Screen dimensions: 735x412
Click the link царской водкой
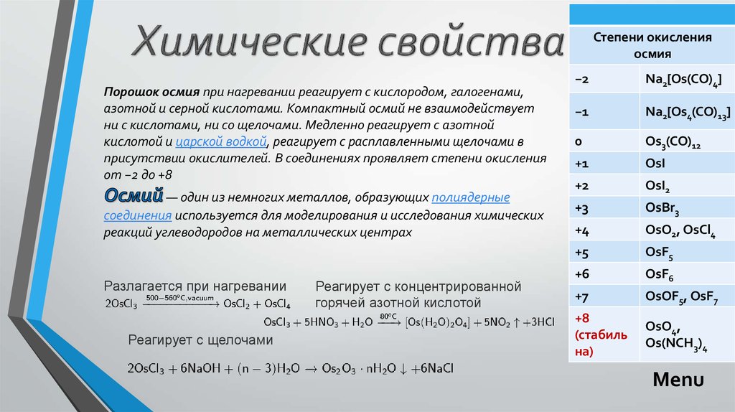(221, 141)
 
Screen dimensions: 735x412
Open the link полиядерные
(471, 197)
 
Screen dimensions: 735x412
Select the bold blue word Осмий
(134, 195)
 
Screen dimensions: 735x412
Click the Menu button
(678, 379)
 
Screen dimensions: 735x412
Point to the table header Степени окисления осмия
(652, 45)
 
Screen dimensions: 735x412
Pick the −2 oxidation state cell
(604, 79)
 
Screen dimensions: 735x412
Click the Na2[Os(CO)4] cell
(687, 79)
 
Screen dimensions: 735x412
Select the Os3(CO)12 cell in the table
(687, 141)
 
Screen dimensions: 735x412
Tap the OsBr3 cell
(687, 207)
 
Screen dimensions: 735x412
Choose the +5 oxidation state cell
(604, 253)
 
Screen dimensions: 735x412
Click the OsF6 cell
(687, 273)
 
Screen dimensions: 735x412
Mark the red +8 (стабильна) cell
(604, 334)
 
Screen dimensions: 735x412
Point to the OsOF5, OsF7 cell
(687, 296)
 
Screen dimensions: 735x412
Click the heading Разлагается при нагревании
(195, 286)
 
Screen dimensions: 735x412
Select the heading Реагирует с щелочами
(201, 340)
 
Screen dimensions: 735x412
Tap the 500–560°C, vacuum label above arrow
(180, 298)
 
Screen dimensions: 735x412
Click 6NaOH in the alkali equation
(200, 368)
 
